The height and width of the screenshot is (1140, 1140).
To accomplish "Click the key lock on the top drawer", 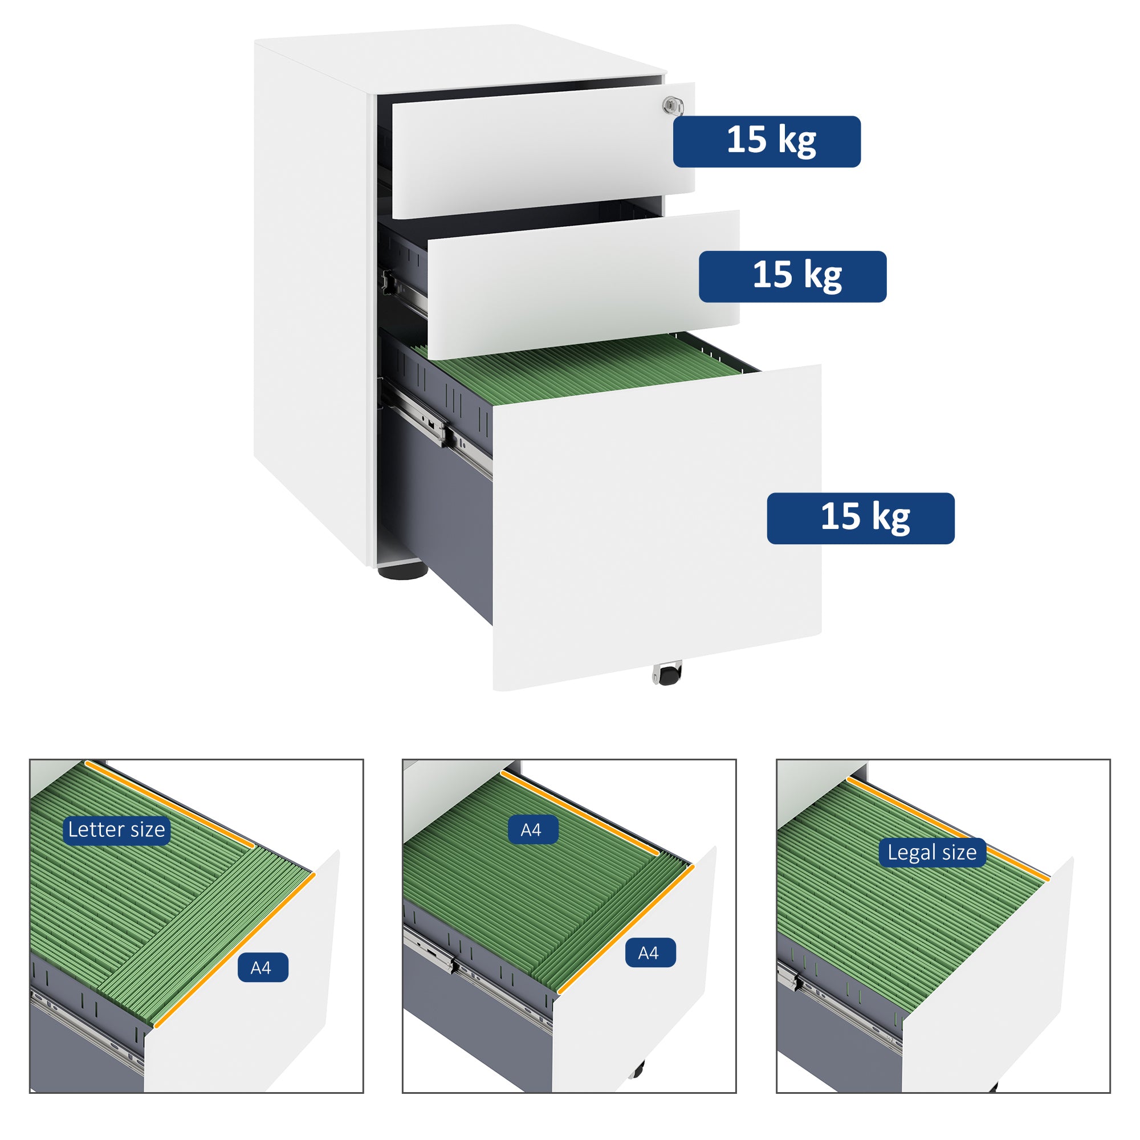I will point(672,106).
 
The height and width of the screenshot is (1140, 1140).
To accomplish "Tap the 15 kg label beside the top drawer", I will point(767,141).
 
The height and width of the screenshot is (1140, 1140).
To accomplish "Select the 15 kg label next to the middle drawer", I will point(792,277).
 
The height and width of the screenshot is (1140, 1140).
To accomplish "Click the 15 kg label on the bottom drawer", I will point(860,518).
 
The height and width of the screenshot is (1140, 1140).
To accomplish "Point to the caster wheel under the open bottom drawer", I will point(667,674).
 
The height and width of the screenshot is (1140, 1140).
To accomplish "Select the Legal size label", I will point(932,853).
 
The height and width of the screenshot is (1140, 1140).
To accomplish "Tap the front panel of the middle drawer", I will point(581,283).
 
